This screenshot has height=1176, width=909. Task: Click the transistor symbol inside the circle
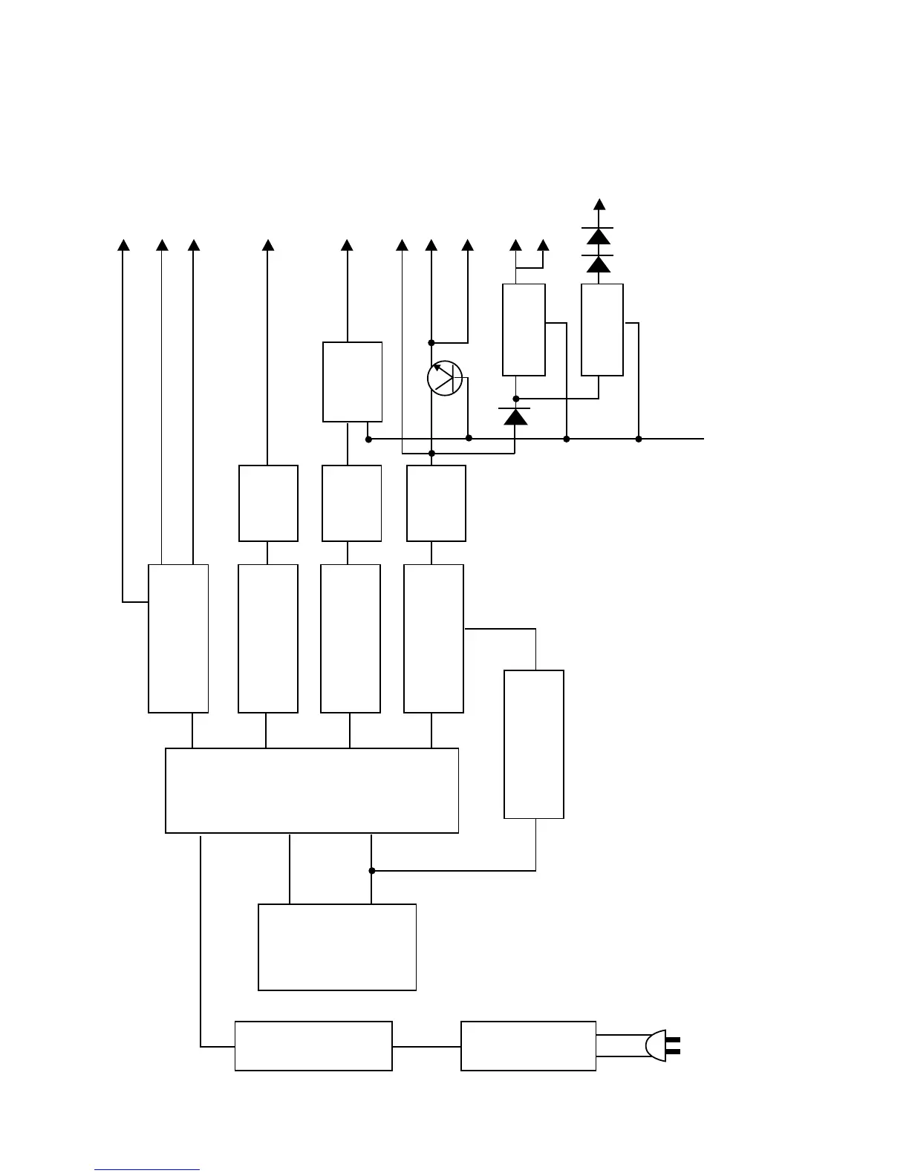pos(445,378)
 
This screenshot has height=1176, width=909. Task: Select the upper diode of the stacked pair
pos(599,236)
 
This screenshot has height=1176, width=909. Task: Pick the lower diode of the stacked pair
pos(599,264)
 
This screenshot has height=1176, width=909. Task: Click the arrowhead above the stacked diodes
pos(599,204)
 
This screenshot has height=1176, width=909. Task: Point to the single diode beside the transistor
pos(515,416)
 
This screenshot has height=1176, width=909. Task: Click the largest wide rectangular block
pos(311,790)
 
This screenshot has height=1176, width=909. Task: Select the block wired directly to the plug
pos(528,1045)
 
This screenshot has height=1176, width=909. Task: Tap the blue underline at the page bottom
pos(147,1169)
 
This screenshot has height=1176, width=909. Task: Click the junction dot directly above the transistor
pos(431,342)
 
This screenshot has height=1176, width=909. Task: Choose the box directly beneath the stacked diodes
pos(602,330)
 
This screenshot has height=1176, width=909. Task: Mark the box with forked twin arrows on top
pos(524,330)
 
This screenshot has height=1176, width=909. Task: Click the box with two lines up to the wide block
pos(336,947)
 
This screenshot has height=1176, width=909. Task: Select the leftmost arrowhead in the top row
pos(124,245)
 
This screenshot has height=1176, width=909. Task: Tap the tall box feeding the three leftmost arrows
pos(178,638)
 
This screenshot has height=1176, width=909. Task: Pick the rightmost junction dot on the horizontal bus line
pos(639,439)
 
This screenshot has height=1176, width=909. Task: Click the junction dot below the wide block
pos(372,870)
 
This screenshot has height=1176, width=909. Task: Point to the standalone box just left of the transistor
pos(352,382)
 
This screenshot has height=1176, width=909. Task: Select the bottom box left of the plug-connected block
pos(313,1045)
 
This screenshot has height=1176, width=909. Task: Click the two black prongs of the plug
pos(673,1046)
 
